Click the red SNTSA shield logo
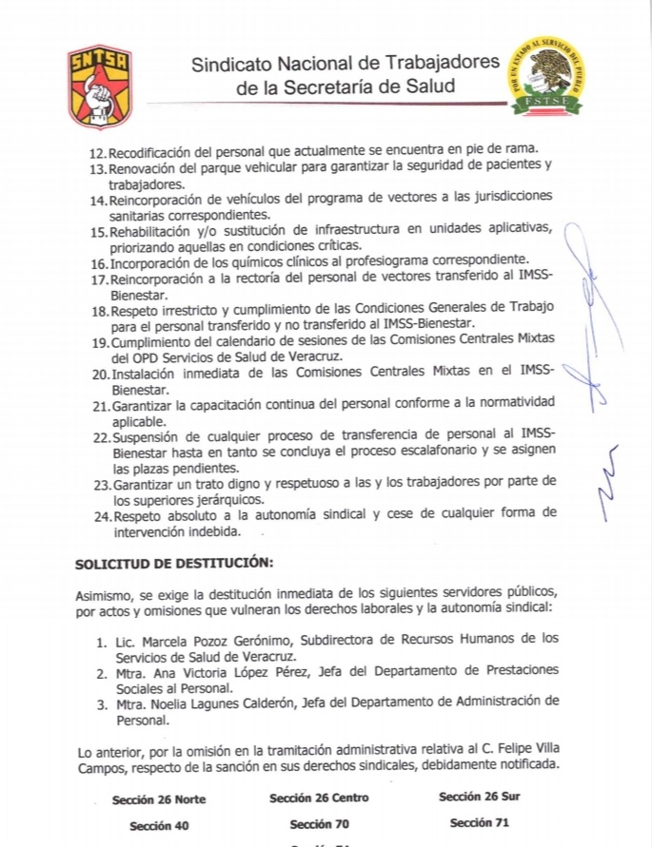tap(99, 87)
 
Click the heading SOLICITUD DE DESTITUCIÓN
tap(174, 563)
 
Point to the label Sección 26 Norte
tap(158, 799)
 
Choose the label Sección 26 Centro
tap(319, 798)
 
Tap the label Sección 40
tap(159, 826)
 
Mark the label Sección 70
tap(320, 824)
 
